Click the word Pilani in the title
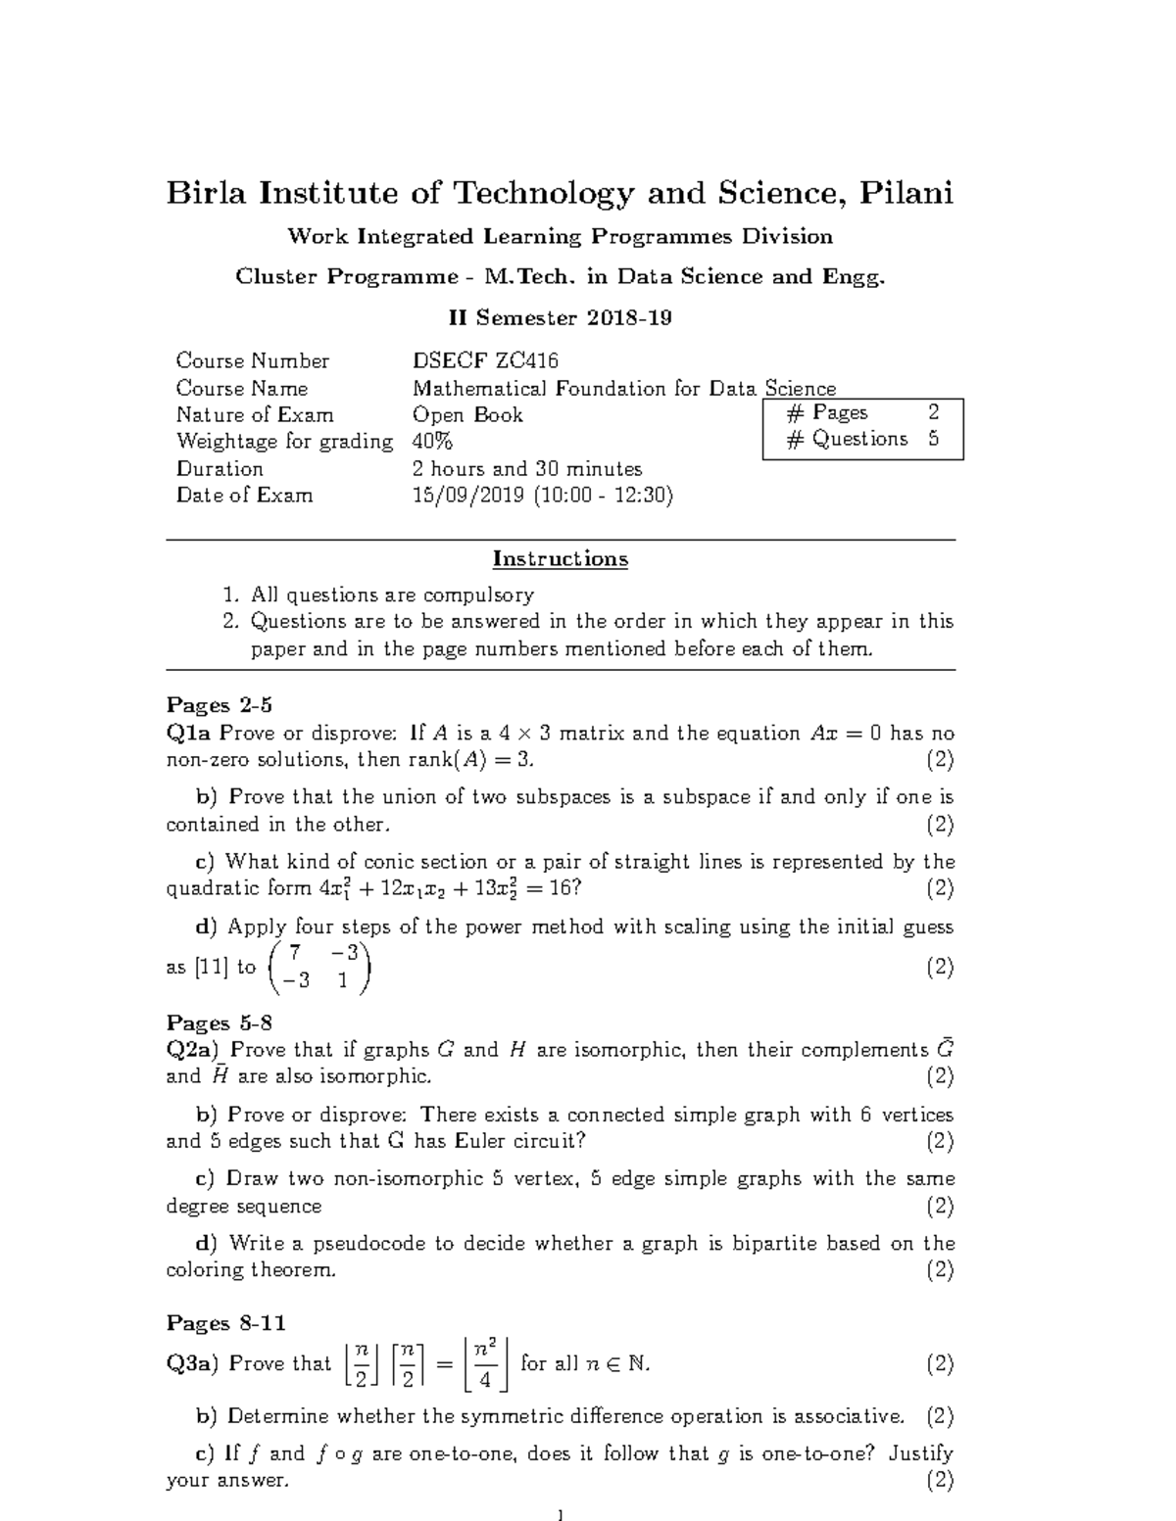(906, 194)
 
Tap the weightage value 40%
(432, 442)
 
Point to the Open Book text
(467, 415)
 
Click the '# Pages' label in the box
(827, 413)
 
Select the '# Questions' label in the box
(847, 440)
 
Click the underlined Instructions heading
(560, 559)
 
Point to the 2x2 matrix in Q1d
(319, 967)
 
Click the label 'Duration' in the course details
(220, 469)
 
